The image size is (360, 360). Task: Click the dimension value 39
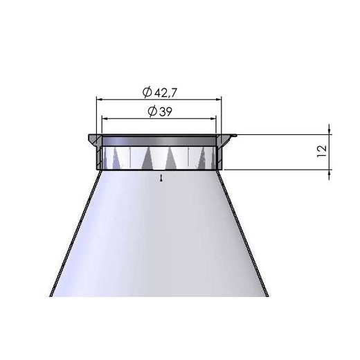[x=165, y=112]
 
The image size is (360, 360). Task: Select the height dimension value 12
[x=322, y=151]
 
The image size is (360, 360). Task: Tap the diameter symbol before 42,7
[x=147, y=92]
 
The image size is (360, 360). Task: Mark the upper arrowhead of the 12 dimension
[x=329, y=130]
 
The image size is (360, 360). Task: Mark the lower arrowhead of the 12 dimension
[x=329, y=172]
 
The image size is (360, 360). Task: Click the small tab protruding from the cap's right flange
[x=233, y=136]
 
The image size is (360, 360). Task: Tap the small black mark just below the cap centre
[x=161, y=178]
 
